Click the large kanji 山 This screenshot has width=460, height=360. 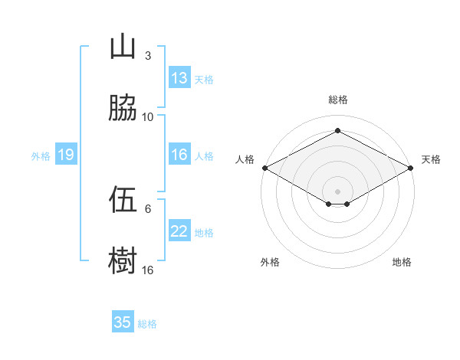pyautogui.click(x=123, y=46)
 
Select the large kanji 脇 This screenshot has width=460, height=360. pyautogui.click(x=123, y=107)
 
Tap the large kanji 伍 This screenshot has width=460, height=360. pyautogui.click(x=123, y=199)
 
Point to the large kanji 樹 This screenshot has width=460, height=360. pyautogui.click(x=123, y=260)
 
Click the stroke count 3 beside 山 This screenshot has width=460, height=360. pyautogui.click(x=148, y=55)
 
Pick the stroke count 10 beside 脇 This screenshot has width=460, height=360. pyautogui.click(x=147, y=117)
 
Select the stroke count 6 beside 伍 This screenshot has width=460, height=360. pyautogui.click(x=148, y=209)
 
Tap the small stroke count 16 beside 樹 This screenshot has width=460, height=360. pyautogui.click(x=147, y=270)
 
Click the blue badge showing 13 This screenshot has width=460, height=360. pyautogui.click(x=179, y=77)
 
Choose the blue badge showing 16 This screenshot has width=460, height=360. pyautogui.click(x=179, y=154)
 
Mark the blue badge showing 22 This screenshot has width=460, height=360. pyautogui.click(x=179, y=230)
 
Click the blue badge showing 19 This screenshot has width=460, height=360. pyautogui.click(x=66, y=154)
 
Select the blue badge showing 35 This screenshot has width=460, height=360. pyautogui.click(x=123, y=321)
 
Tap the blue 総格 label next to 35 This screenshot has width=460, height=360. pyautogui.click(x=147, y=324)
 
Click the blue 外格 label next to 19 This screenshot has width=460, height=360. pyautogui.click(x=41, y=156)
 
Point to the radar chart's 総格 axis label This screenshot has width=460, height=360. pyautogui.click(x=338, y=100)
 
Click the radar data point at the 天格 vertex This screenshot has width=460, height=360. pyautogui.click(x=411, y=168)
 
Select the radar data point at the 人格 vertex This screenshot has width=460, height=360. pyautogui.click(x=265, y=168)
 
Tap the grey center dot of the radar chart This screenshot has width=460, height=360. pyautogui.click(x=337, y=191)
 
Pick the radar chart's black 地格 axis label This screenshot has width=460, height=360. pyautogui.click(x=402, y=262)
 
